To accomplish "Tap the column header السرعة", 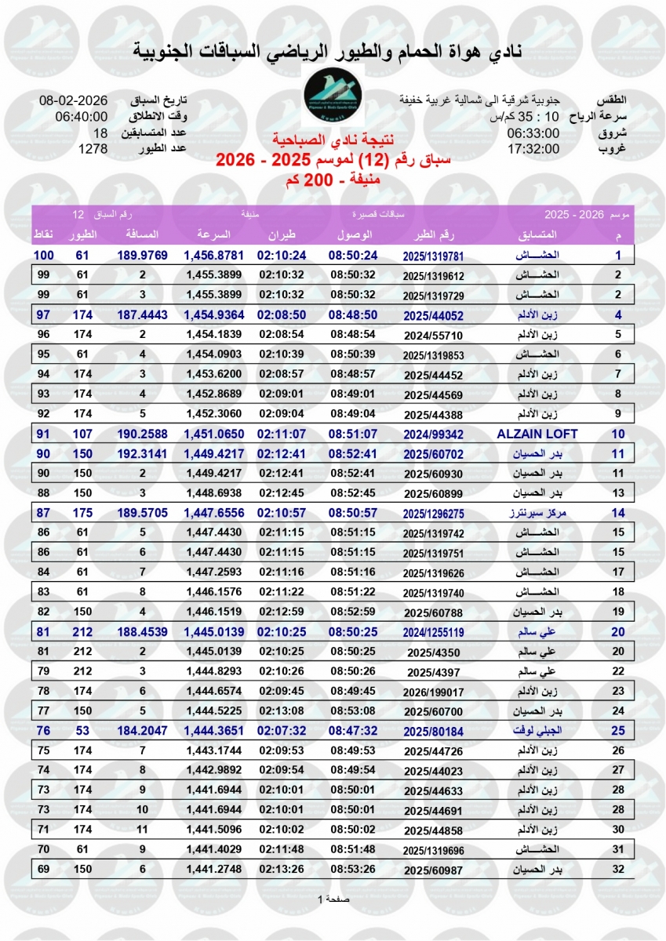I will coord(213,235).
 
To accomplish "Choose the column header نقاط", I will coord(43,235).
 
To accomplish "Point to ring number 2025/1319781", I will coord(434,256).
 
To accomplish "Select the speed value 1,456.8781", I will coord(214,256).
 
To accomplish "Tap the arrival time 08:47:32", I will coord(353,730).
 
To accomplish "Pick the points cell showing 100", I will coord(43,256).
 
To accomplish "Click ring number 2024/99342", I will coord(434,434).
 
